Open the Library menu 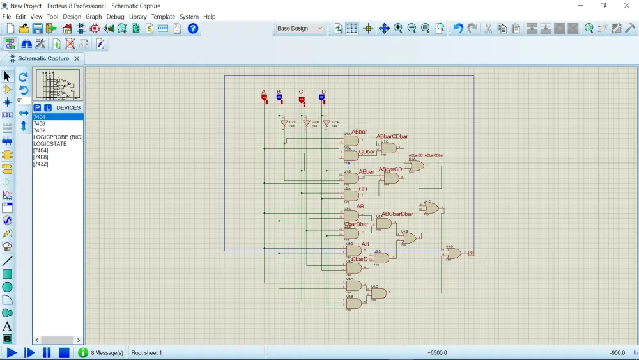(x=137, y=17)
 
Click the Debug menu (x=116, y=17)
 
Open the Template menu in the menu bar (x=163, y=17)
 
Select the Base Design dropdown (x=300, y=29)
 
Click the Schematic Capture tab (x=43, y=58)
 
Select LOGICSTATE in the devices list (x=50, y=144)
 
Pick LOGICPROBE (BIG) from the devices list (x=58, y=137)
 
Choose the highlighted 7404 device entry (x=40, y=117)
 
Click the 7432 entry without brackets (x=40, y=130)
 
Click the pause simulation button (x=47, y=352)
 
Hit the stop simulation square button (x=64, y=352)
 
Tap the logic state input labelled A (x=264, y=97)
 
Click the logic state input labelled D (x=322, y=97)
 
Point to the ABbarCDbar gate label (x=392, y=137)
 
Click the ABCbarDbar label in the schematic (x=397, y=214)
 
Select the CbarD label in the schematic (x=360, y=259)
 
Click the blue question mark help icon (x=193, y=29)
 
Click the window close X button (x=626, y=6)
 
